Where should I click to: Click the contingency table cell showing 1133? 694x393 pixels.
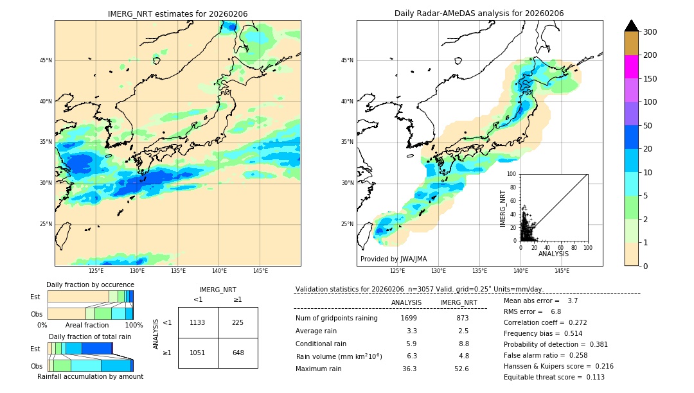[198, 322]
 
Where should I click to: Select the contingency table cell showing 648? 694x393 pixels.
[238, 353]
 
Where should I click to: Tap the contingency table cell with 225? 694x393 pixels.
[238, 322]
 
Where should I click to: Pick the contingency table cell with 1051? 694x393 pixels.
[198, 353]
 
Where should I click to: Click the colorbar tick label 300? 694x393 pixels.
[650, 32]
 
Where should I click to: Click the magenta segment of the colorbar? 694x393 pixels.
[632, 67]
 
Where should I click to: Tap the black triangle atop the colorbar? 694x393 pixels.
[632, 26]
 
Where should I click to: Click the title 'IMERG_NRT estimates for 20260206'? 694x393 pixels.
[177, 13]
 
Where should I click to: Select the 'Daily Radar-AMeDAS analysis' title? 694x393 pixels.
[479, 13]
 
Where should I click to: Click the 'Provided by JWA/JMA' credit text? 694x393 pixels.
[393, 259]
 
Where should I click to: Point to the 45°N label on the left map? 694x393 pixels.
[46, 60]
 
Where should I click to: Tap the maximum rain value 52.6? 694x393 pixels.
[461, 369]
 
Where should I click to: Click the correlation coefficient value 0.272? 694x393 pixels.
[574, 322]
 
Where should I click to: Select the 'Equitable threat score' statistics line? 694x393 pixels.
[554, 377]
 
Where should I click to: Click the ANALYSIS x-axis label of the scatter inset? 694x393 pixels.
[553, 254]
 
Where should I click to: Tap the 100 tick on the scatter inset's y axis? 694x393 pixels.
[513, 174]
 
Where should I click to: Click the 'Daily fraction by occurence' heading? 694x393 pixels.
[90, 284]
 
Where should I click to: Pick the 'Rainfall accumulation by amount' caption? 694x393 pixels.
[90, 376]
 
